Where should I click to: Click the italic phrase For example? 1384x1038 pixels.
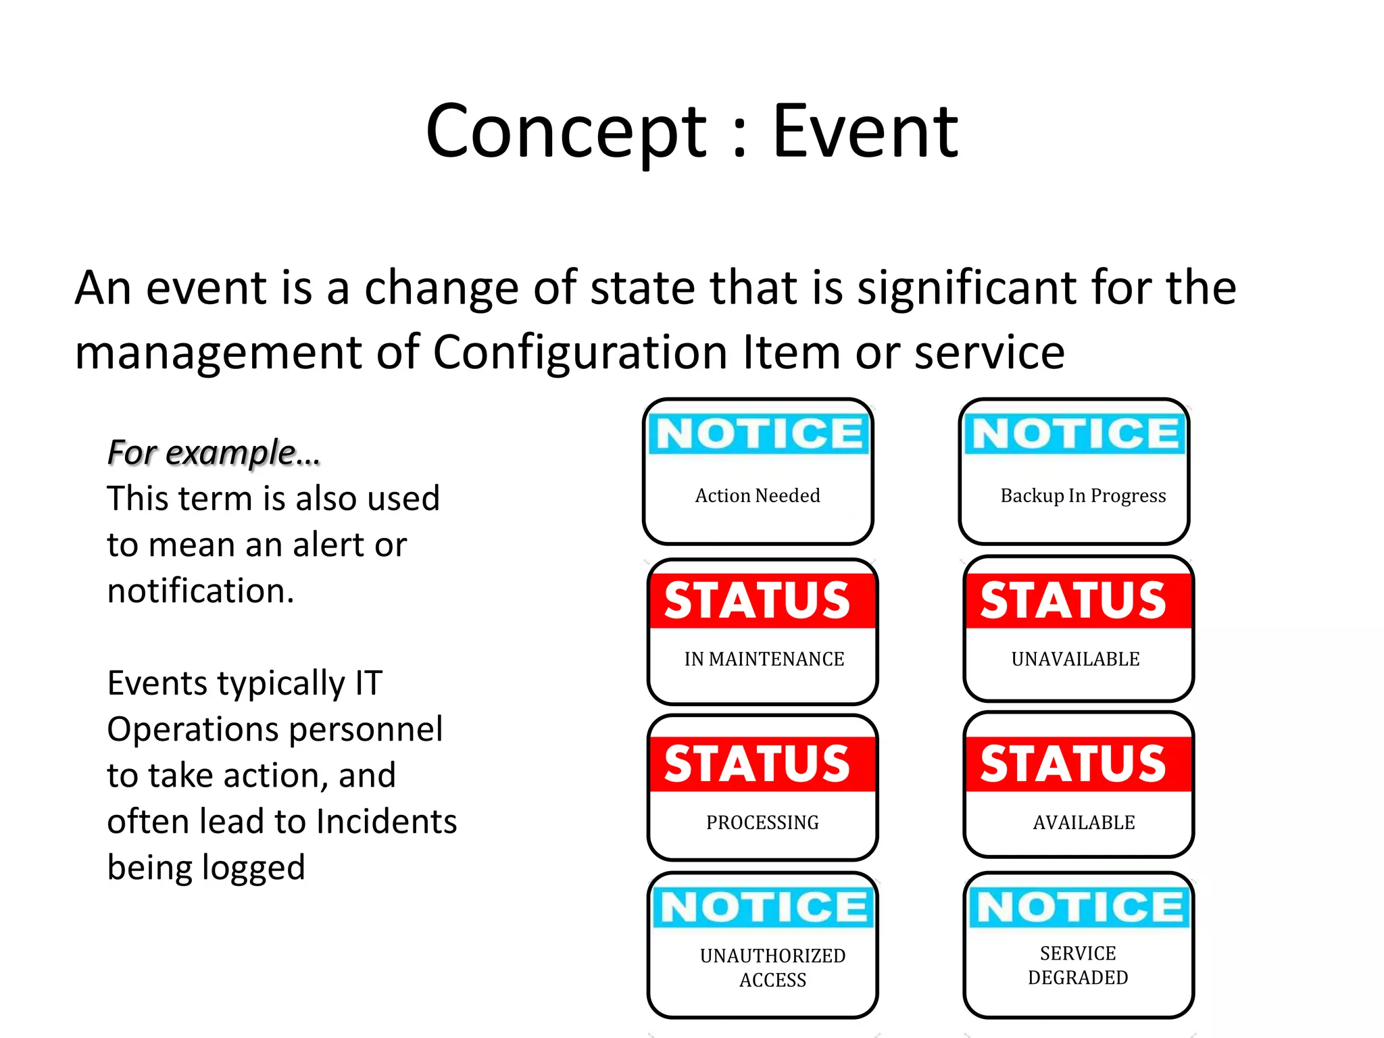coord(214,452)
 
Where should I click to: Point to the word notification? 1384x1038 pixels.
coord(201,591)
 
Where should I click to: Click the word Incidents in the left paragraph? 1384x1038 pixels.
coord(387,822)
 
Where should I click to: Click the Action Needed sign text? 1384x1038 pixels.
coord(758,495)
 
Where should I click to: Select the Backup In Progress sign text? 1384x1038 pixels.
coord(1083,495)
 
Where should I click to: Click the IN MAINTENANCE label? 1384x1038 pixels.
coord(764,659)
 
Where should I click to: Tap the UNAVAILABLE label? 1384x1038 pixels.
coord(1075,659)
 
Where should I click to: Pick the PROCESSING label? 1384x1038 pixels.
coord(762,822)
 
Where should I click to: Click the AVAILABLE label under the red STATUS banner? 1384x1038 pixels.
coord(1084,822)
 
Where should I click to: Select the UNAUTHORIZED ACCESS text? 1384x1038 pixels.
coord(772,968)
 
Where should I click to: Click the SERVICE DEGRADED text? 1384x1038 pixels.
coord(1078,965)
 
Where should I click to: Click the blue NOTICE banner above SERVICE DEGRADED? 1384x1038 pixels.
coord(1079,907)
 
